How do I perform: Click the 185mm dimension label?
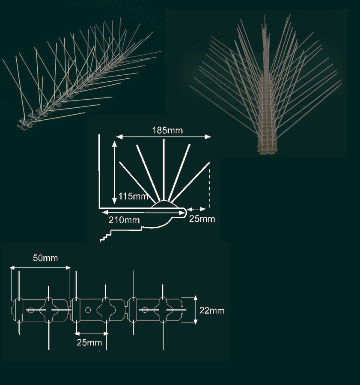(167, 130)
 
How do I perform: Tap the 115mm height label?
(134, 196)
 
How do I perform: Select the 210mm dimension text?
(124, 220)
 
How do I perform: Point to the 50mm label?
(45, 258)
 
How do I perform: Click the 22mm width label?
(212, 311)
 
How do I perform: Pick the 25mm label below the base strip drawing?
(89, 343)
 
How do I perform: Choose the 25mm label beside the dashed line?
(202, 219)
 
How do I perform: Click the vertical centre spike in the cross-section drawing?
(164, 170)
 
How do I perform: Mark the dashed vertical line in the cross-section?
(209, 188)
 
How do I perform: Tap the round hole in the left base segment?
(31, 310)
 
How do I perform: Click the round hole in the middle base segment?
(88, 310)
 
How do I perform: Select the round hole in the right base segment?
(145, 310)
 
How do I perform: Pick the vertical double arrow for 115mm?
(114, 173)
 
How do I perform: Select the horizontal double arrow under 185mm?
(164, 137)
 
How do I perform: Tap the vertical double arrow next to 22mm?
(195, 310)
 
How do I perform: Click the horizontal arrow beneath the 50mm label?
(40, 268)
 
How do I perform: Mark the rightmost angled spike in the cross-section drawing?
(190, 182)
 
